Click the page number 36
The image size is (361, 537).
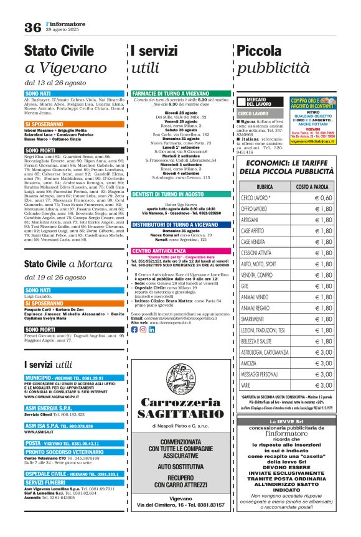(32, 27)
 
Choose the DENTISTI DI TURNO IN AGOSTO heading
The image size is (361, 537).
(168, 194)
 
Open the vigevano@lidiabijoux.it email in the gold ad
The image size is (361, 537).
(314, 141)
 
